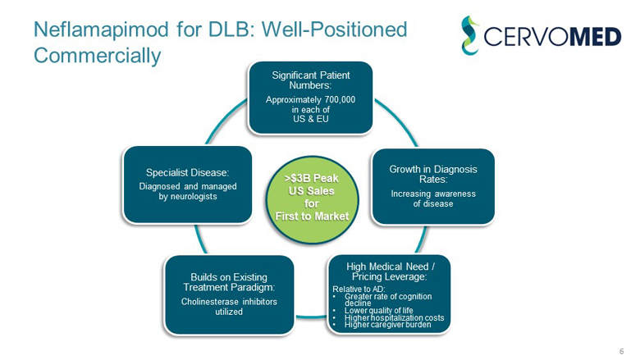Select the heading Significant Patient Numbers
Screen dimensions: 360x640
[x=311, y=80]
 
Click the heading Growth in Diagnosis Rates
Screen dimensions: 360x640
[x=432, y=175]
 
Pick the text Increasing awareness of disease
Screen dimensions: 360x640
[x=432, y=198]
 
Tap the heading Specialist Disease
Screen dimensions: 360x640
[x=186, y=172]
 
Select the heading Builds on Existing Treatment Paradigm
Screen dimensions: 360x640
[x=229, y=282]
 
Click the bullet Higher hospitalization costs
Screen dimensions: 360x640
[x=395, y=317]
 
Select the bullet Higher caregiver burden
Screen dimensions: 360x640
[x=388, y=324]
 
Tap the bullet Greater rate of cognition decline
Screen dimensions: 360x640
[x=387, y=298]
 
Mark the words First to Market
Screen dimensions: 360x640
[x=311, y=216]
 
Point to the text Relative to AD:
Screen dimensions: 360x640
[x=355, y=289]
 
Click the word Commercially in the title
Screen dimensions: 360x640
[x=98, y=56]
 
